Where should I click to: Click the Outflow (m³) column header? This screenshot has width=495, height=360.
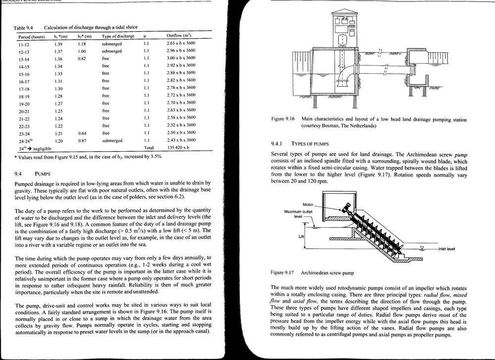pos(179,36)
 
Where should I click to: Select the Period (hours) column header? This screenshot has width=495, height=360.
pos(32,37)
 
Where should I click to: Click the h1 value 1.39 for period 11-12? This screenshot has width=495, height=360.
pos(58,44)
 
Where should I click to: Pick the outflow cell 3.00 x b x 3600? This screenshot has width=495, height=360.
pos(181,58)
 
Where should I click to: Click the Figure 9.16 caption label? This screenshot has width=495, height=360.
pos(284,120)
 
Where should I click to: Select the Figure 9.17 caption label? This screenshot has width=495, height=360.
pos(284,273)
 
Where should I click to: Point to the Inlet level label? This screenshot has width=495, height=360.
pos(446,249)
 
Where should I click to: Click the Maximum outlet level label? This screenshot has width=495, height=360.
pos(300,214)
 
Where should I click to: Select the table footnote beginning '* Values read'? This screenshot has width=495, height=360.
pos(87,157)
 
